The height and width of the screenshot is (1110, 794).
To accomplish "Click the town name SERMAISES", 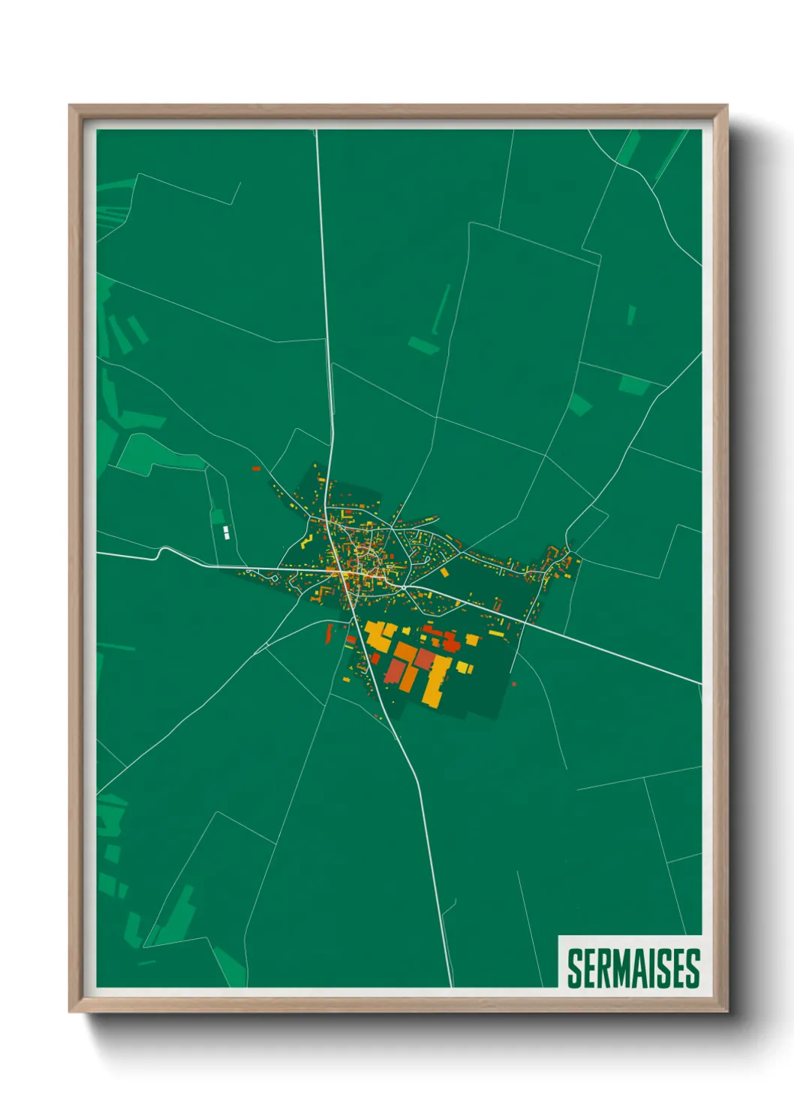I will (x=633, y=968).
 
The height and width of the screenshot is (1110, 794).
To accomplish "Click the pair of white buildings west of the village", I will (x=225, y=533).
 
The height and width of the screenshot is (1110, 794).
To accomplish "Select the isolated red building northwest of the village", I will (x=256, y=469).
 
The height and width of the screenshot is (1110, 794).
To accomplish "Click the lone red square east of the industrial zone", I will (x=514, y=683).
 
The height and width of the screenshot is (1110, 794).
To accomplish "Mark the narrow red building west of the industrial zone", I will (x=328, y=634).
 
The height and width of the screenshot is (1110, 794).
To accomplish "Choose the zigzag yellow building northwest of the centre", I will (x=305, y=541).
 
